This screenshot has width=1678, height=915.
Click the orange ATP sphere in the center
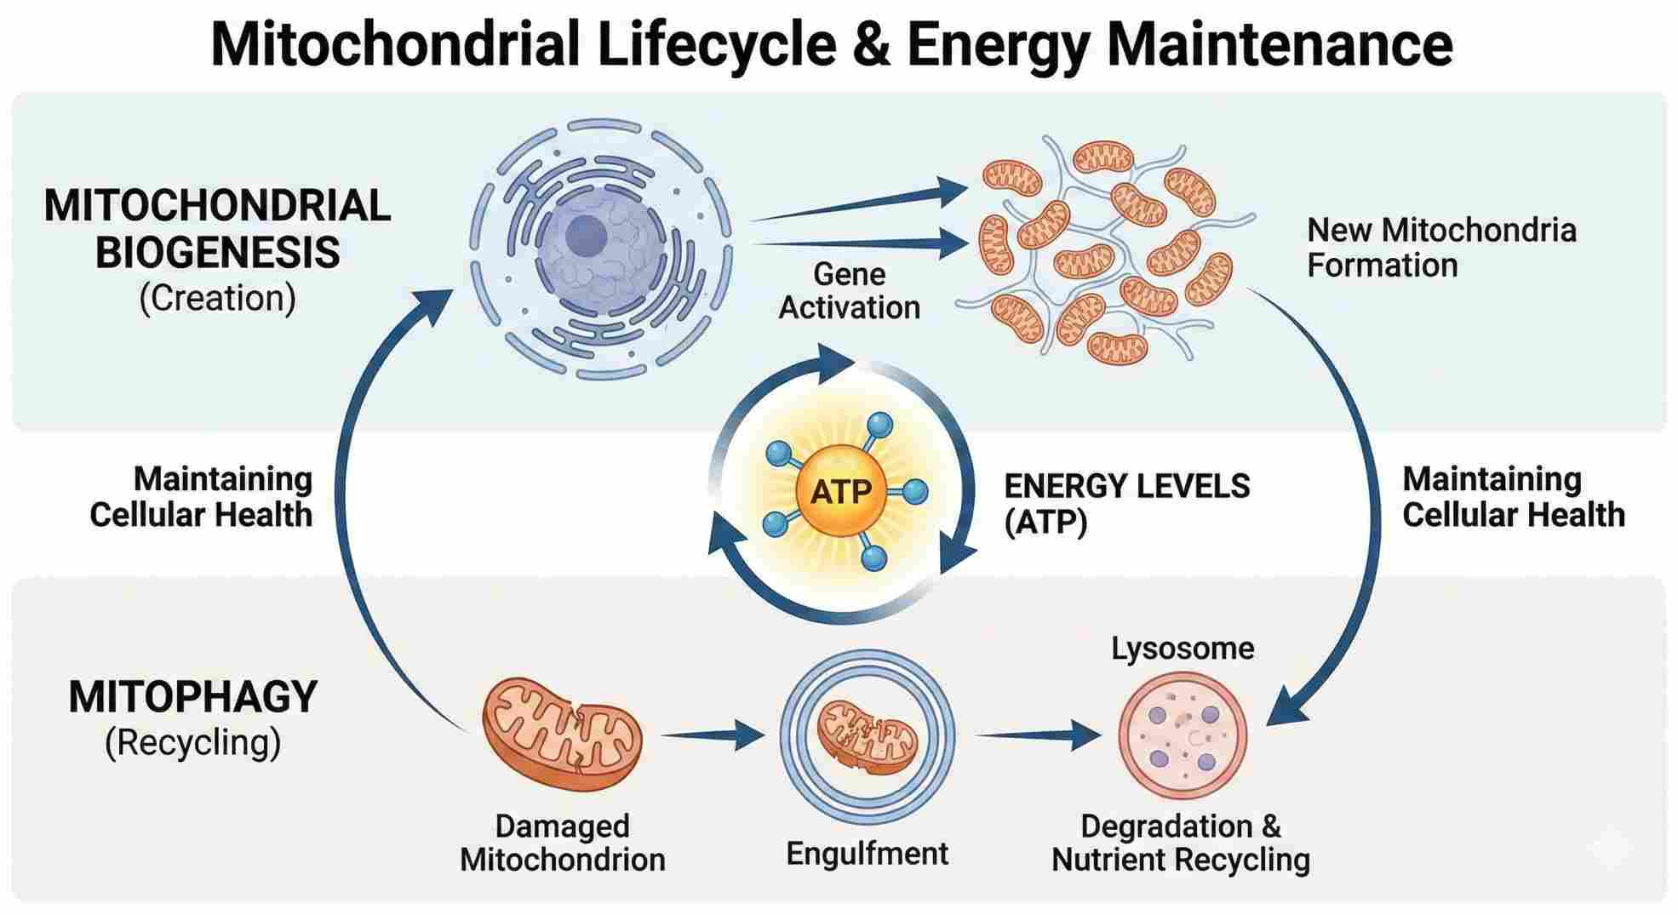[841, 491]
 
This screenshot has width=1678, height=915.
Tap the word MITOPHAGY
[192, 697]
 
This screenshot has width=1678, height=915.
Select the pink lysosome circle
[1183, 735]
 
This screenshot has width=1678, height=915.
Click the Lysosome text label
[1183, 649]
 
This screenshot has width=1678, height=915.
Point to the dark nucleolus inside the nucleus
[585, 233]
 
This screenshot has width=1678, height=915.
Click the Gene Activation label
[849, 291]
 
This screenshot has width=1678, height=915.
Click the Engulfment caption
[867, 853]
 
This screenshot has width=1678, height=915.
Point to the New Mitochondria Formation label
[1440, 248]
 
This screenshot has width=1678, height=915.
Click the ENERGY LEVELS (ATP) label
[1126, 504]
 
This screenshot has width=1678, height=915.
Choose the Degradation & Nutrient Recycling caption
[1181, 843]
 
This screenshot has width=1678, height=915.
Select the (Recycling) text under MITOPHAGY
[192, 742]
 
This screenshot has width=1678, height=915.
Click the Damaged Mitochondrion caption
[562, 843]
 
